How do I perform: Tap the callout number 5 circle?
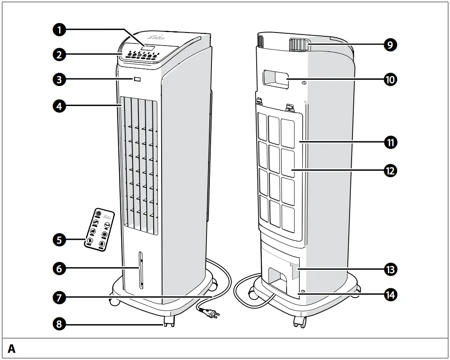pyautogui.click(x=60, y=240)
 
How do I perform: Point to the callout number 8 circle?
pyautogui.click(x=60, y=324)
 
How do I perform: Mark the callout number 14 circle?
pyautogui.click(x=390, y=294)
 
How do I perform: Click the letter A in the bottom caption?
pyautogui.click(x=12, y=349)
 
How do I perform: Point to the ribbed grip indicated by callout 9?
pyautogui.click(x=298, y=44)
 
